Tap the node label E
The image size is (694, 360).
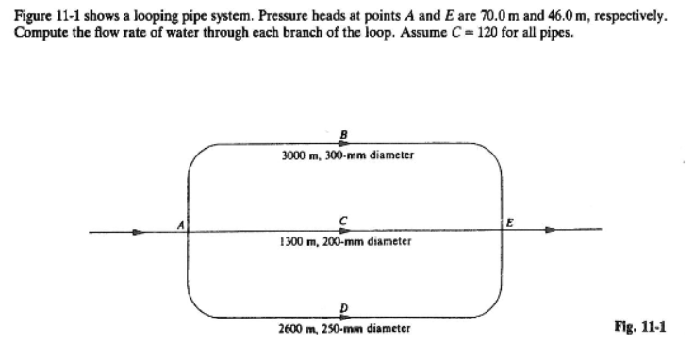coord(511,223)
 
